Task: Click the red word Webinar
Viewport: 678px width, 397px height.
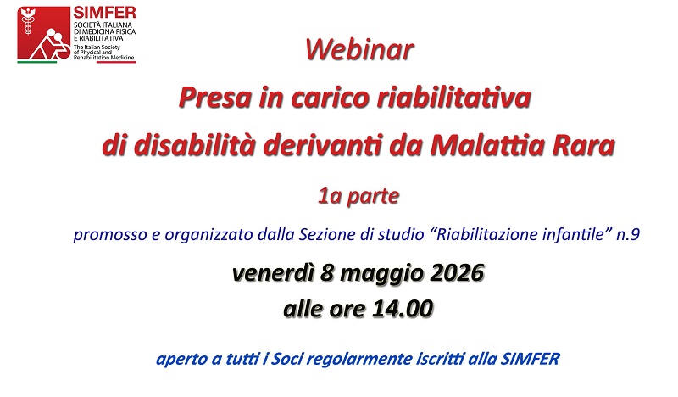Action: [359, 50]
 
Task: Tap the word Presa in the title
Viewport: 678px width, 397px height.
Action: [215, 98]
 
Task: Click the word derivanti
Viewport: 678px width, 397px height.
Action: [323, 145]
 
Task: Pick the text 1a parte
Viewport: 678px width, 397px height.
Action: [358, 197]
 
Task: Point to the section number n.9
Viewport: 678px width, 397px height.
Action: [628, 234]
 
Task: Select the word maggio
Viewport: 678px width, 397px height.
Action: [382, 274]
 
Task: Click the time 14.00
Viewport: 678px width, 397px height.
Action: [403, 309]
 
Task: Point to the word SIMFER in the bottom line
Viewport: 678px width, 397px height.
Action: [531, 359]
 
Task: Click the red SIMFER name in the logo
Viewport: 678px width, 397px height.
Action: [104, 12]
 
